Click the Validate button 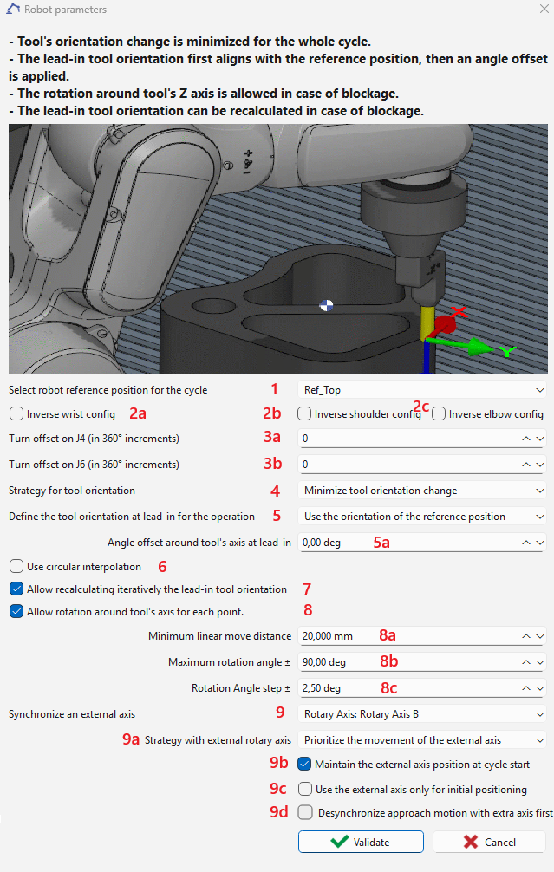click(x=361, y=842)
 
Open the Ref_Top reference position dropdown click(x=421, y=390)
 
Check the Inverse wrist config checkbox click(x=16, y=414)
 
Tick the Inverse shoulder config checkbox click(x=304, y=414)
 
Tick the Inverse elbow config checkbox click(x=439, y=414)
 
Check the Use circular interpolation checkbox click(x=16, y=567)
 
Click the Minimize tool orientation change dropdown click(x=421, y=491)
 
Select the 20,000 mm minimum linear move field click(x=407, y=636)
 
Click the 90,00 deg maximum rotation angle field click(x=407, y=662)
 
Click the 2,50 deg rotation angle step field click(x=407, y=688)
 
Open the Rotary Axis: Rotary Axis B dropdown click(x=421, y=714)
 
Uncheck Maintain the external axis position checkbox click(x=304, y=765)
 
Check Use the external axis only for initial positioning click(x=304, y=790)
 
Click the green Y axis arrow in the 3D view click(x=477, y=347)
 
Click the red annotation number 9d click(x=277, y=813)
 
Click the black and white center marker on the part click(x=326, y=304)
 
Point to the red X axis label click(x=459, y=311)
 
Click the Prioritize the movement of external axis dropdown click(x=421, y=740)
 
